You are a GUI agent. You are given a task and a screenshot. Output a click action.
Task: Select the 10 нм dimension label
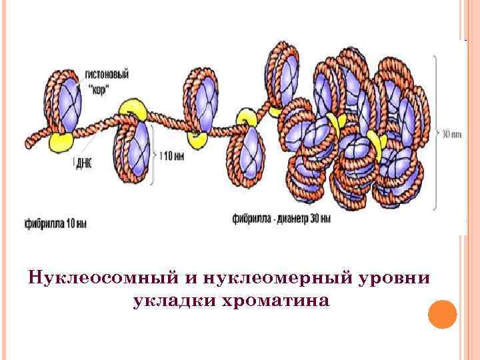coord(173,156)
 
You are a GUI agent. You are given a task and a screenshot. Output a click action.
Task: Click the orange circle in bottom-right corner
coord(441,314)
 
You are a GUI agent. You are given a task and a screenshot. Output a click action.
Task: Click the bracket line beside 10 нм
coord(155,157)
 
